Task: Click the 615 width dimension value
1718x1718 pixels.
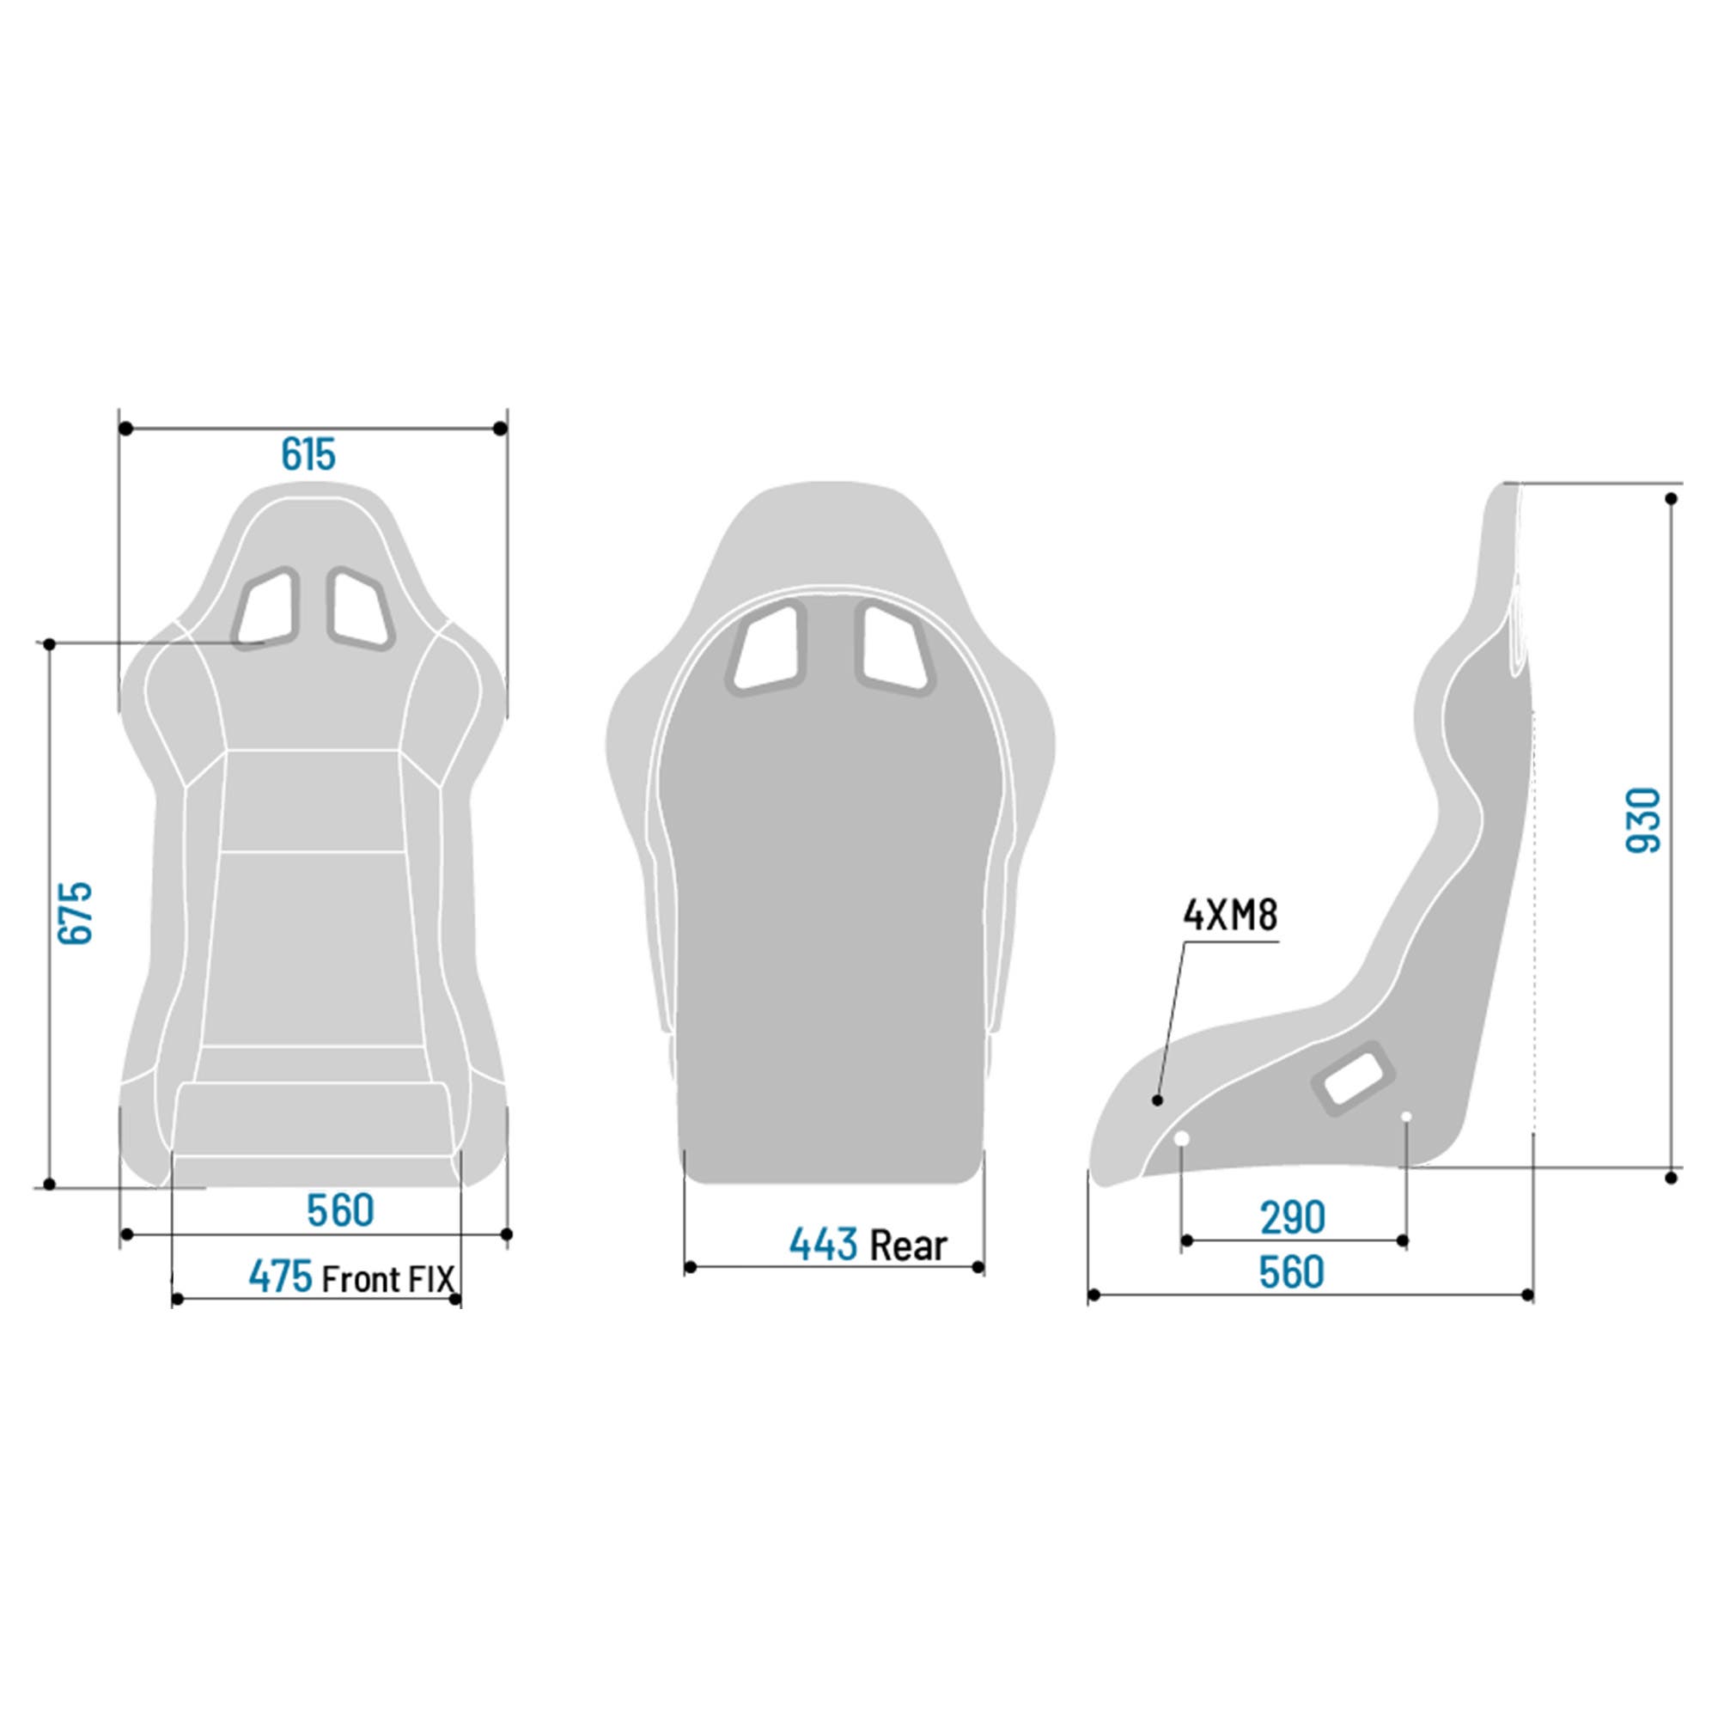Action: click(x=308, y=455)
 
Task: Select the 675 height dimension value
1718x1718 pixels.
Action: click(x=76, y=913)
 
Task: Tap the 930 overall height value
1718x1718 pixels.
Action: click(x=1643, y=819)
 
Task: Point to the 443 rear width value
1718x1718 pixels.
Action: click(x=824, y=1245)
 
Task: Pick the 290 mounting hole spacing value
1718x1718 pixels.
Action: click(x=1292, y=1217)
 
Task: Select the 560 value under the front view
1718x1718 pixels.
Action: click(x=340, y=1210)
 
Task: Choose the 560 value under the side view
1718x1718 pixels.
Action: click(x=1291, y=1272)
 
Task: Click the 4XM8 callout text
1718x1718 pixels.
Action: click(x=1230, y=915)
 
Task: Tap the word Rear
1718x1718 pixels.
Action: click(x=908, y=1246)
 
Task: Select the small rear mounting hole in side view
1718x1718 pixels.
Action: click(x=1406, y=1116)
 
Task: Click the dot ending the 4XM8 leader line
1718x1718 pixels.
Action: click(x=1157, y=1101)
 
